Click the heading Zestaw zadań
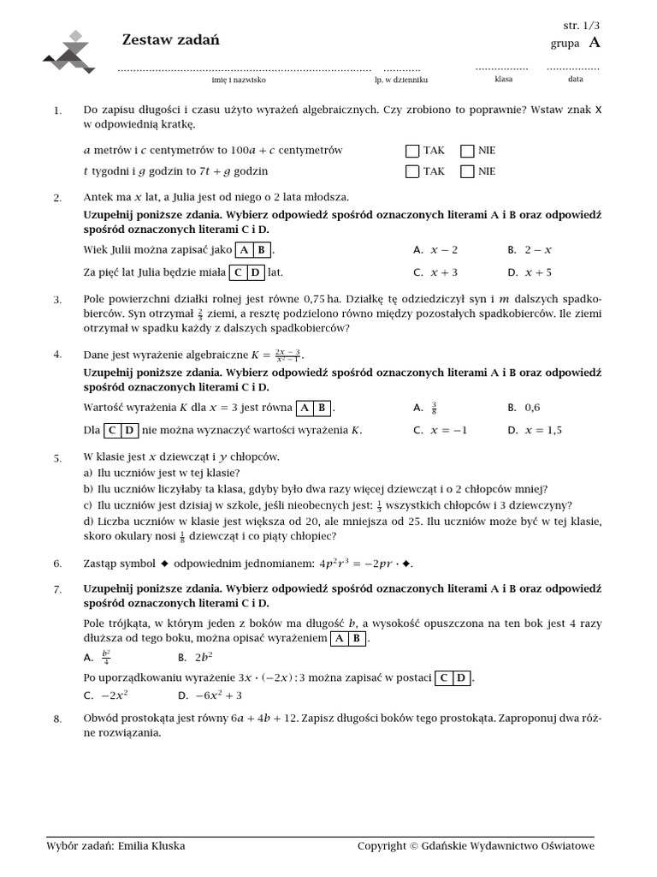(x=171, y=39)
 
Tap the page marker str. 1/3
(x=581, y=26)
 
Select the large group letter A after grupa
(x=595, y=43)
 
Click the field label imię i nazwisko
(x=239, y=80)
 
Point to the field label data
(x=575, y=79)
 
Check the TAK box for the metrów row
(x=412, y=151)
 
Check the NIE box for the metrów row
(x=467, y=151)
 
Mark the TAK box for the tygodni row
(x=412, y=171)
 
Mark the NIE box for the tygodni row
(x=467, y=171)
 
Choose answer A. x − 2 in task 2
(x=435, y=250)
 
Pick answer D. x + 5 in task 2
(x=530, y=272)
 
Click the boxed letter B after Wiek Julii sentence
(x=262, y=250)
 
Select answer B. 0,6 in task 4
(x=524, y=408)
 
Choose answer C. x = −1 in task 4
(x=441, y=430)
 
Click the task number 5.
(x=57, y=458)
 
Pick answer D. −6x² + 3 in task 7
(x=210, y=695)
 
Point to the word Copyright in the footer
(x=382, y=846)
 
